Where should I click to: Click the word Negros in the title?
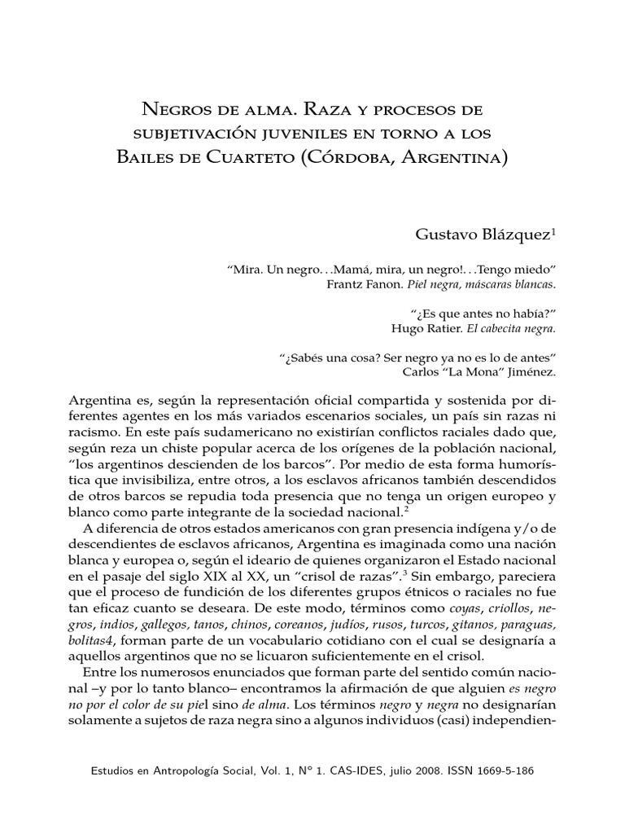(172, 108)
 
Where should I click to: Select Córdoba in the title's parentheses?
(351, 155)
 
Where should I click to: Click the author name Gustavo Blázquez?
(485, 235)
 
